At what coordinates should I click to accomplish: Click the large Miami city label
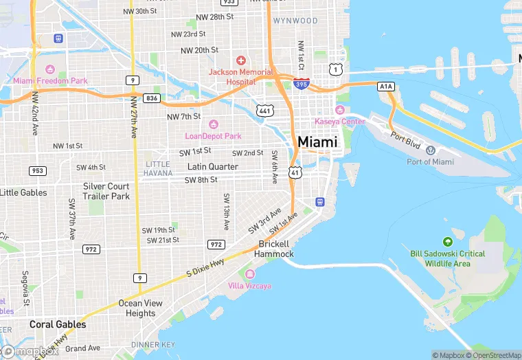coord(317,142)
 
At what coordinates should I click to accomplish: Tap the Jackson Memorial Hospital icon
coord(240,61)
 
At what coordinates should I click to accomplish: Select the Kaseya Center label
coord(339,122)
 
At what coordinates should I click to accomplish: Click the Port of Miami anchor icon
coord(431,150)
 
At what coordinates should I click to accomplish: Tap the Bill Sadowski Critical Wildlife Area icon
coord(448,242)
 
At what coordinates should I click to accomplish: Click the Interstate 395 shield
coord(300,84)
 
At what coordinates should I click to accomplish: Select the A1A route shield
coord(386,86)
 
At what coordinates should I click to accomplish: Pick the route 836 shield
coord(152,98)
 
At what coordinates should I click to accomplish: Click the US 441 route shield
coord(264,111)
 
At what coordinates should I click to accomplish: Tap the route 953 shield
coord(38,170)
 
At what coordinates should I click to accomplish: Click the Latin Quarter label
coord(213,167)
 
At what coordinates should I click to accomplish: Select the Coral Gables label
coord(58,324)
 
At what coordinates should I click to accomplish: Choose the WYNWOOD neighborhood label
coord(295,21)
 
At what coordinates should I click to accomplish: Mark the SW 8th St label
coord(201,180)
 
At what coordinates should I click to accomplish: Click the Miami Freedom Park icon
coord(49,70)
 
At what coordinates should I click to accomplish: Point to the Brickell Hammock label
coord(274,249)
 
